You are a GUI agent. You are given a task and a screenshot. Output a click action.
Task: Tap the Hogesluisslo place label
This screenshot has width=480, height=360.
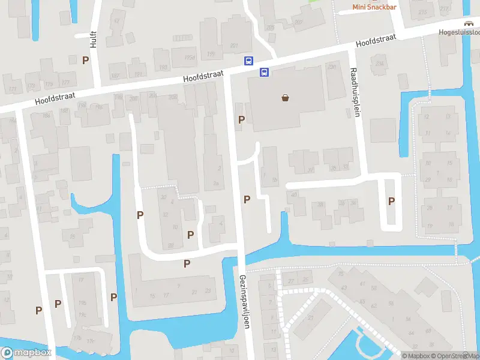pyautogui.click(x=461, y=32)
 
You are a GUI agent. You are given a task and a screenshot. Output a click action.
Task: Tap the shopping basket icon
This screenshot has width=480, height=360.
pyautogui.click(x=286, y=98)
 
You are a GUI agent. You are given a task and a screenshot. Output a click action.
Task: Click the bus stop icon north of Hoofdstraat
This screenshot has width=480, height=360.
pyautogui.click(x=248, y=61)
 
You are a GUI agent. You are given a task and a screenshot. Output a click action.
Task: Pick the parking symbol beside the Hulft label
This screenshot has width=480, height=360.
pyautogui.click(x=85, y=60)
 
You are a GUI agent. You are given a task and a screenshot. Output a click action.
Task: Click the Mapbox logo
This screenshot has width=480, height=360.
pyautogui.click(x=26, y=353)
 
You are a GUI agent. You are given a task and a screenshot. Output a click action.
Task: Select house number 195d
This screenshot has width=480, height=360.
pyautogui.click(x=190, y=57)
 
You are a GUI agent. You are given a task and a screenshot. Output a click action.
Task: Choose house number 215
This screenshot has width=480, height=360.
pyautogui.click(x=422, y=12)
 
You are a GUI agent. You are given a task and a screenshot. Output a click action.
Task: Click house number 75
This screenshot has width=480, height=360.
pyautogui.click(x=341, y=274)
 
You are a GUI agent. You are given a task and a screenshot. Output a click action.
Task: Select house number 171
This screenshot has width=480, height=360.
pyautogui.click(x=11, y=89)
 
